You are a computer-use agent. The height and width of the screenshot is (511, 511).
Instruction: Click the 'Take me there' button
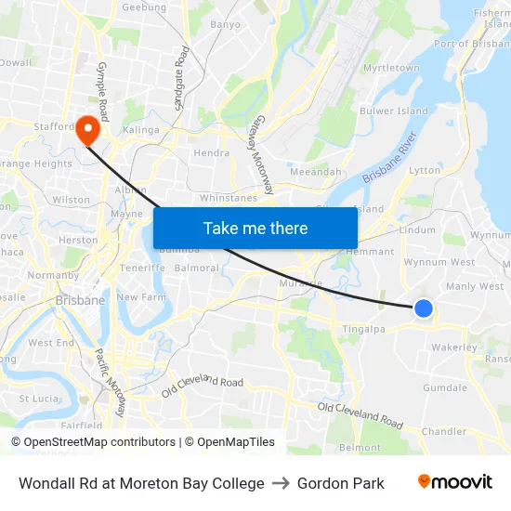[255, 228]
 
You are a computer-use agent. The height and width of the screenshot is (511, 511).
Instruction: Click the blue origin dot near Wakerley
[423, 308]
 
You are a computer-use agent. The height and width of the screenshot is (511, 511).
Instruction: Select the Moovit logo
[454, 482]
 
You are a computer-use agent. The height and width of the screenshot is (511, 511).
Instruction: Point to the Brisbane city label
[80, 301]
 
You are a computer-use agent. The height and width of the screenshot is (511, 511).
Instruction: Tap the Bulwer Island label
[395, 111]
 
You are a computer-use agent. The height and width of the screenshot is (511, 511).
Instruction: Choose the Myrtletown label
[391, 68]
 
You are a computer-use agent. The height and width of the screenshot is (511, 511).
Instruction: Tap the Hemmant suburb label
[369, 251]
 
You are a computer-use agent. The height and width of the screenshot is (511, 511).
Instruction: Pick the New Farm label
[140, 297]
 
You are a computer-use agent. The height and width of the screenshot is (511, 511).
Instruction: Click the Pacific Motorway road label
[110, 382]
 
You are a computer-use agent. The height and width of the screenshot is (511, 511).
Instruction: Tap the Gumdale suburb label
[445, 387]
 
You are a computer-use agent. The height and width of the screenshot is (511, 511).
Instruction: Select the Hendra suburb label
[211, 153]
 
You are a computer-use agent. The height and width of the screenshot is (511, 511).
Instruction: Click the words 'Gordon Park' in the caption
[341, 483]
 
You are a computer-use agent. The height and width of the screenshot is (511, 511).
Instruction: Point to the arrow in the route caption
[281, 483]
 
